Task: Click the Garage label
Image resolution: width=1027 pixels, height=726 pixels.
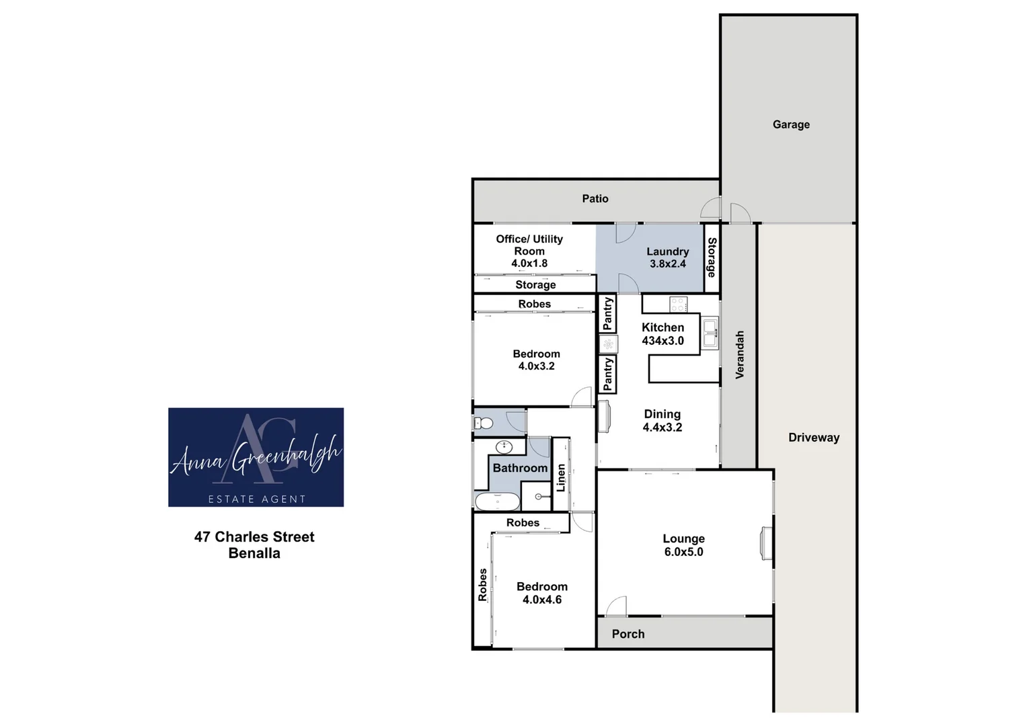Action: [791, 124]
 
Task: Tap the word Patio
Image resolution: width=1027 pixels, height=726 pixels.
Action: [595, 198]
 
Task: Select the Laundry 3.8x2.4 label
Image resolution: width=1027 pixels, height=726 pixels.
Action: [668, 257]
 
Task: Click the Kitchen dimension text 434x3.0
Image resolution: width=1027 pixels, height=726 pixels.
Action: [662, 341]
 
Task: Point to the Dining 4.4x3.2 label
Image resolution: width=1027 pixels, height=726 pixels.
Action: [662, 421]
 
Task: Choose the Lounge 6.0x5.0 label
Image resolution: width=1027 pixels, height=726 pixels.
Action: [683, 545]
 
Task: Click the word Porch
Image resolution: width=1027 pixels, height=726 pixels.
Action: [628, 634]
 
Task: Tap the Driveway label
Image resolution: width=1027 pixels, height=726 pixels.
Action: [814, 438]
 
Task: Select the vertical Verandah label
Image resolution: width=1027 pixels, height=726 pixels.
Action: [740, 355]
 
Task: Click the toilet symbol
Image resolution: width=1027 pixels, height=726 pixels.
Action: [484, 423]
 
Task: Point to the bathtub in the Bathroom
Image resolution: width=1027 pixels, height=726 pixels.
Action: [497, 501]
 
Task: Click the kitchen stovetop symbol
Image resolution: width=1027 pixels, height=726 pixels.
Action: [678, 305]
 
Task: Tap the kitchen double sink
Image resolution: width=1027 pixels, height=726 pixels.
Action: [710, 333]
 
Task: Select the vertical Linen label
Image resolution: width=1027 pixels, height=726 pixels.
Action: [561, 477]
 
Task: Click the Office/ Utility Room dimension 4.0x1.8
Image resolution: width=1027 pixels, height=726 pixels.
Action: [529, 263]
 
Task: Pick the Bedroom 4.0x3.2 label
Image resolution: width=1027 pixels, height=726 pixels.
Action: [537, 360]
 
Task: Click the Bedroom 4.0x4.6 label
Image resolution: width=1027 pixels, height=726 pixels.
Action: [542, 593]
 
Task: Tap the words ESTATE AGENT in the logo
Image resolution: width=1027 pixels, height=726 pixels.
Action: [257, 499]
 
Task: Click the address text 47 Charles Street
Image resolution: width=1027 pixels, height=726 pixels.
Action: [254, 536]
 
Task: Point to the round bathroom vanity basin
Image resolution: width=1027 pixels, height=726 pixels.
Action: [504, 447]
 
